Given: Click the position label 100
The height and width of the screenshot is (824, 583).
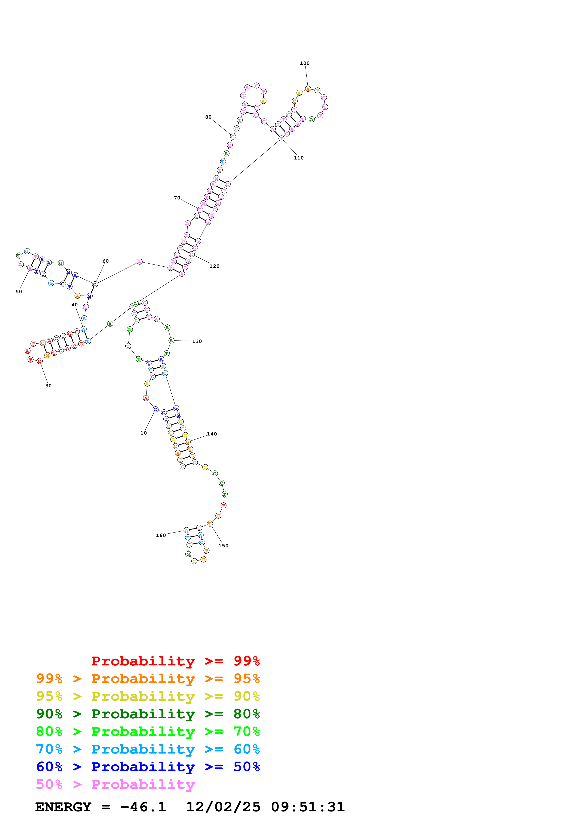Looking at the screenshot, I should coord(305,63).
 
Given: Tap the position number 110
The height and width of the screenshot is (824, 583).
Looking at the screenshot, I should coord(298,158).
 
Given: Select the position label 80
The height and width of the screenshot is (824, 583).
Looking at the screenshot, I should coord(208,117).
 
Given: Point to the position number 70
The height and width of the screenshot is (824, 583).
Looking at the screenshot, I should coord(177,198).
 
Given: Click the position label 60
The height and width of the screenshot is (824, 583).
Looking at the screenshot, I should coord(106,261).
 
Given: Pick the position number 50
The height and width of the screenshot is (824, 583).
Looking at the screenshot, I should coord(19,292).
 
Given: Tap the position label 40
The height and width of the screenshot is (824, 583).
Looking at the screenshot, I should coord(74,305).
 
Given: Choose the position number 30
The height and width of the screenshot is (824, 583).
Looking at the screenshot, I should coord(48,386).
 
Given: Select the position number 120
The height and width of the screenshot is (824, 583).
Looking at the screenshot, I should coord(214,266).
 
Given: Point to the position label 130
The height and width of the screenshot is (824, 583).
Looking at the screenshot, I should coord(197,341).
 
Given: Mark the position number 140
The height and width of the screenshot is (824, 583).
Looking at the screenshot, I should coord(212,434).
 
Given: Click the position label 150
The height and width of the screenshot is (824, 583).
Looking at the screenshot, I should coord(223,545).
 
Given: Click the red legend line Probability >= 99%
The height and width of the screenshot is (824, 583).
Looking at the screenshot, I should coord(175,661).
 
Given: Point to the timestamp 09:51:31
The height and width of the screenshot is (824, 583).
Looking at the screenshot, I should coord(307,807).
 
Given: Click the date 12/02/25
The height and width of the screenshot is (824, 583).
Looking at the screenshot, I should coord(223,807).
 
